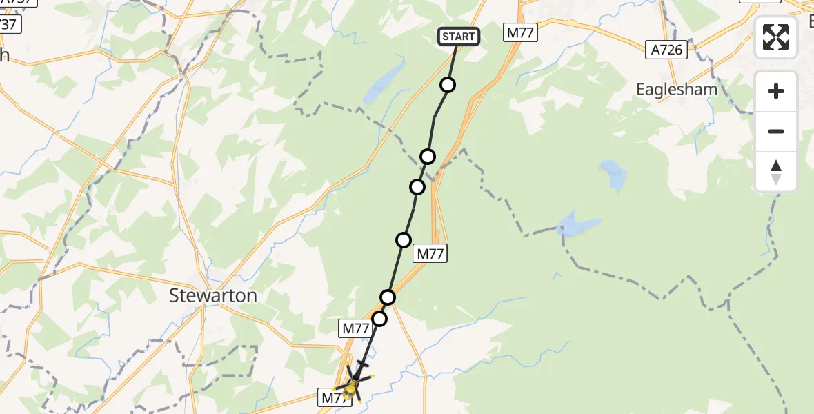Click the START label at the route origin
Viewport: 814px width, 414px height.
[458, 37]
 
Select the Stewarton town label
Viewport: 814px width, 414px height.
[213, 296]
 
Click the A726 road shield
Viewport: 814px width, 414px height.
[667, 50]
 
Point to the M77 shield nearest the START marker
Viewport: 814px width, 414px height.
[521, 32]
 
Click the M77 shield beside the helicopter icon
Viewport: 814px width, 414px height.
[334, 397]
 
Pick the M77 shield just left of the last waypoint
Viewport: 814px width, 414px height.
[356, 329]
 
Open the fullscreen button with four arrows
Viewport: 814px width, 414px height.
[776, 37]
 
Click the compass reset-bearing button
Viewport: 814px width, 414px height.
[776, 172]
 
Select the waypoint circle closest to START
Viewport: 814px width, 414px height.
[448, 85]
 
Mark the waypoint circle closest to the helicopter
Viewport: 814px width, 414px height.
[379, 319]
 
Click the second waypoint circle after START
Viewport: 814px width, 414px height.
[428, 157]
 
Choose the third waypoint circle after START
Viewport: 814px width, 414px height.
[417, 187]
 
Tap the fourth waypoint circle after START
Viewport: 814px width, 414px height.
[404, 240]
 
